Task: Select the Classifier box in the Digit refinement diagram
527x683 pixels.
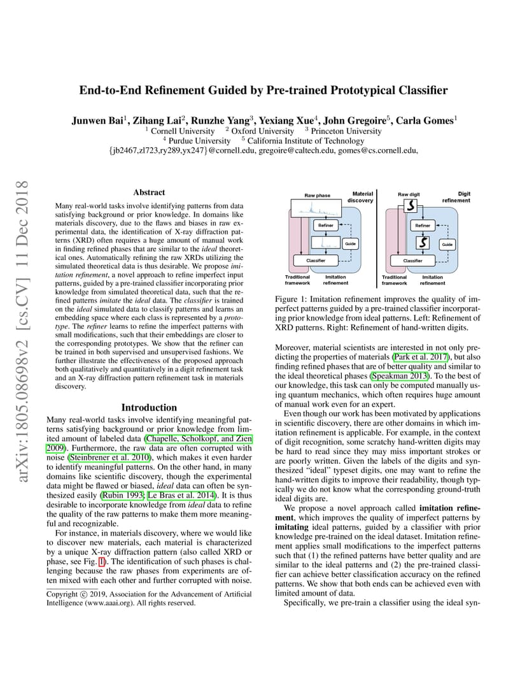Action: (x=413, y=261)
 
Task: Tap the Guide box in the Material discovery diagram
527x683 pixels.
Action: (x=349, y=244)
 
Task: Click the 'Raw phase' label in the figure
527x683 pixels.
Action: (x=317, y=195)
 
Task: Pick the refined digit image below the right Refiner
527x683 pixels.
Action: (x=421, y=243)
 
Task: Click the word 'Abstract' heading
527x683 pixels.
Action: (x=149, y=192)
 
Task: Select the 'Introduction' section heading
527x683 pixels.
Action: (x=149, y=408)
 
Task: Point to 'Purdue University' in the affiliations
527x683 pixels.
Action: (x=199, y=141)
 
